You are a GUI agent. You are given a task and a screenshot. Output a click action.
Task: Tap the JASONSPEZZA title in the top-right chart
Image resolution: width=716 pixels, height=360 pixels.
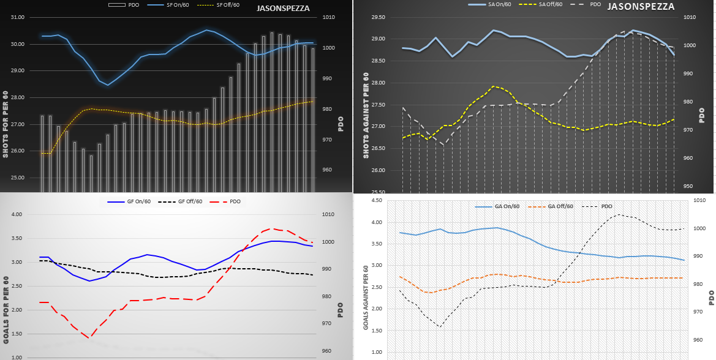[x=641, y=7]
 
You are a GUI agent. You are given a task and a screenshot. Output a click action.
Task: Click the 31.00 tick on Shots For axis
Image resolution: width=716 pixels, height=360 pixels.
[x=18, y=18]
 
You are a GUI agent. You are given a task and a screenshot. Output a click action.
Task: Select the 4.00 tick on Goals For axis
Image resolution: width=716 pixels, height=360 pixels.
[x=17, y=215]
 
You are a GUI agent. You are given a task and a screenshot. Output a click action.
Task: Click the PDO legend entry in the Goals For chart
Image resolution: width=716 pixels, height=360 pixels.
[x=234, y=201]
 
